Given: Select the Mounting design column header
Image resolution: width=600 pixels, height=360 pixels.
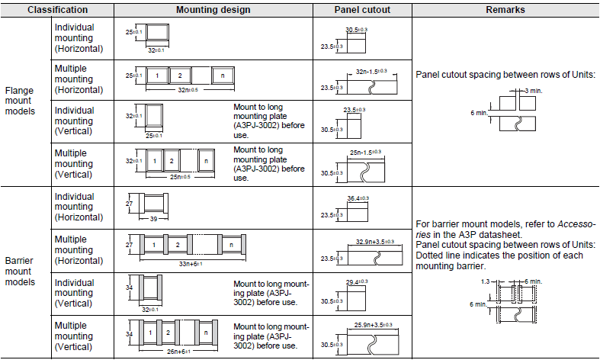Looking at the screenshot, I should (x=208, y=11).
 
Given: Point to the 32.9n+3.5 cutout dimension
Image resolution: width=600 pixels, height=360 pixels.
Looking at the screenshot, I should (x=371, y=242).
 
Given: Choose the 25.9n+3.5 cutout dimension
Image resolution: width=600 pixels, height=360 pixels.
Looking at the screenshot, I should (x=371, y=326).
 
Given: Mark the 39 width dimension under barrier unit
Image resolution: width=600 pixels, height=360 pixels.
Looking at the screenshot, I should (x=152, y=218).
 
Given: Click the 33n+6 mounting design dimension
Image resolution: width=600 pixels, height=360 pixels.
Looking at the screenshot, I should (x=184, y=262).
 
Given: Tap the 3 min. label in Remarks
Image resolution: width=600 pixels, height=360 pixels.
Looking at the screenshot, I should (x=533, y=91).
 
